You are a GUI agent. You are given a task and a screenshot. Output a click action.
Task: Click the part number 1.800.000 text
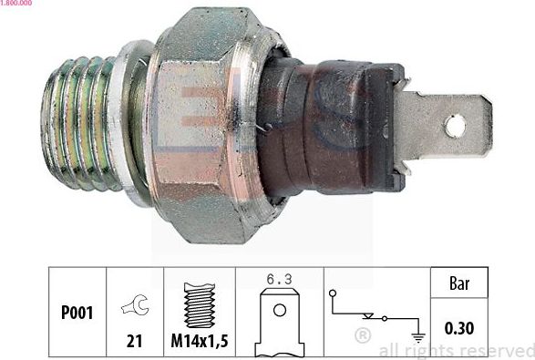17,4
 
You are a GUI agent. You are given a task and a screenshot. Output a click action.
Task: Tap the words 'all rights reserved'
456,350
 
